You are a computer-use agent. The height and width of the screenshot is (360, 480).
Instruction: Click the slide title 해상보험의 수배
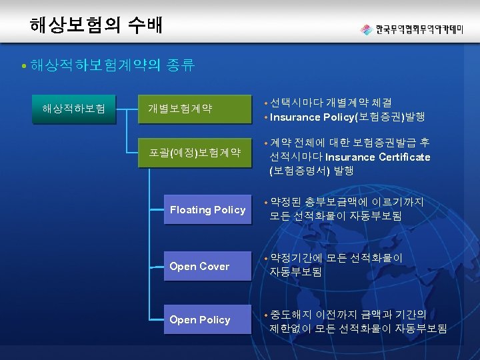click(x=96, y=26)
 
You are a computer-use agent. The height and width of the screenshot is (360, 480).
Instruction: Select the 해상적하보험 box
click(x=74, y=107)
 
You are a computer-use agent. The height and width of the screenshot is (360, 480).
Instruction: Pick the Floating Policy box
click(x=207, y=210)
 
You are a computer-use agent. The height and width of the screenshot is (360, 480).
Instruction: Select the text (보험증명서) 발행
click(x=311, y=171)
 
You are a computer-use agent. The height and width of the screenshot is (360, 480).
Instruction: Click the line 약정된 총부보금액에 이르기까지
click(x=347, y=202)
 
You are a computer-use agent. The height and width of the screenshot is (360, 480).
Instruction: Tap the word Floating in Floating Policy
click(x=191, y=210)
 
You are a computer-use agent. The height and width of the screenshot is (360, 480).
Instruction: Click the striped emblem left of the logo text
click(x=367, y=29)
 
